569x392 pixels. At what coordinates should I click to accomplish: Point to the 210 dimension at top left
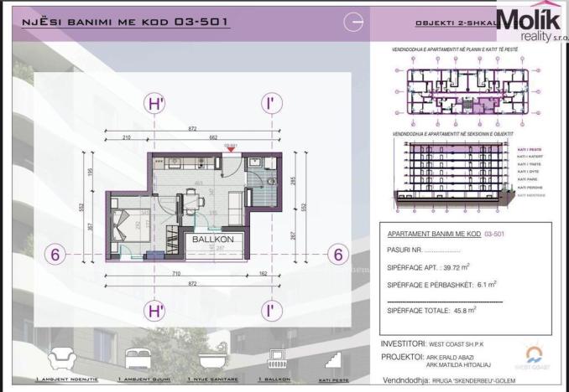coord(125,137)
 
